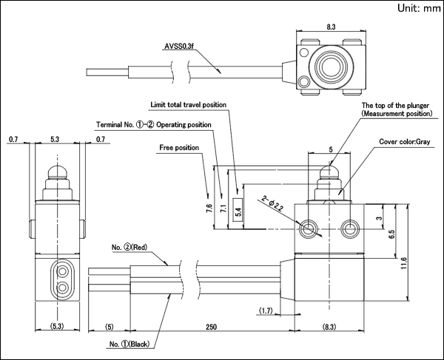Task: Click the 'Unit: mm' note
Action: click(x=419, y=8)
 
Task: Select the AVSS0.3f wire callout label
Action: click(x=179, y=46)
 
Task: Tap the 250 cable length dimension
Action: click(x=211, y=327)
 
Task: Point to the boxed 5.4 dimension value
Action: click(x=238, y=209)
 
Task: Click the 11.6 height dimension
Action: click(x=404, y=263)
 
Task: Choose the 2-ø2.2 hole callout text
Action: click(x=272, y=203)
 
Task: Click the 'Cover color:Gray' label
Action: click(x=404, y=141)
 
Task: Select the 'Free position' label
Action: click(x=179, y=148)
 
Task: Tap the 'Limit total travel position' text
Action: click(x=188, y=105)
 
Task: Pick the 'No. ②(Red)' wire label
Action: click(x=129, y=247)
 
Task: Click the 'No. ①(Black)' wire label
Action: click(x=129, y=344)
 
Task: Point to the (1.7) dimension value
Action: click(x=266, y=310)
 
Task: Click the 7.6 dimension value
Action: click(x=209, y=208)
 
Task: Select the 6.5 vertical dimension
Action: click(x=391, y=234)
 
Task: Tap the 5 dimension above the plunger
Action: click(x=331, y=149)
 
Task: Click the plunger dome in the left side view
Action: click(x=57, y=171)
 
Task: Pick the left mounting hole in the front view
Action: click(x=308, y=228)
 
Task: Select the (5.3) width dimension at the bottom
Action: click(x=57, y=326)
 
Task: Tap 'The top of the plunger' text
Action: click(x=395, y=106)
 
